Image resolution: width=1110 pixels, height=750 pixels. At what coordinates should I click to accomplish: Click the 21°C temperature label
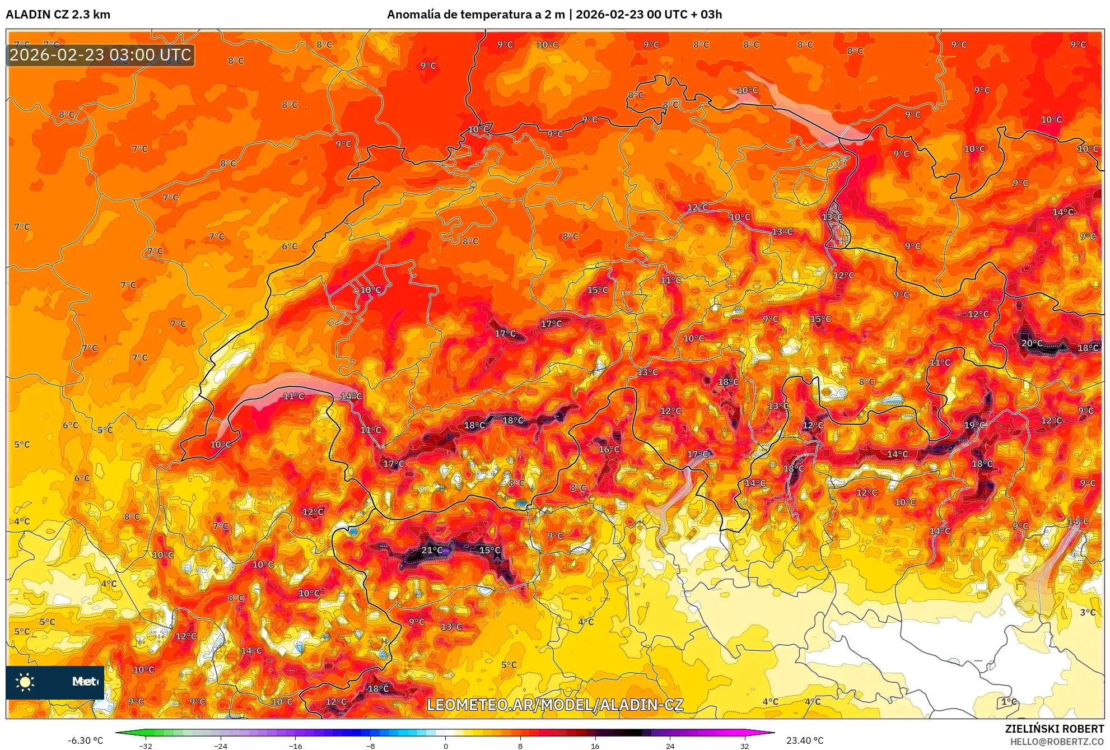point(431,550)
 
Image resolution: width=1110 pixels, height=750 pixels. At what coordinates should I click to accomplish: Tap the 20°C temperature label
point(1032,343)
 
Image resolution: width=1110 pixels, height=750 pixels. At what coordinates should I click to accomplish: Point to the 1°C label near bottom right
point(1009,702)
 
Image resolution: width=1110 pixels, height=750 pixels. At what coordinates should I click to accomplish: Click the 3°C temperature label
point(1087,612)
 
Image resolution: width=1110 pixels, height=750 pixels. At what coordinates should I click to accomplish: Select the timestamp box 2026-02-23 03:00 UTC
point(100,55)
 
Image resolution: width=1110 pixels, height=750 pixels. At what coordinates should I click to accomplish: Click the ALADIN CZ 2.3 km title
point(58,15)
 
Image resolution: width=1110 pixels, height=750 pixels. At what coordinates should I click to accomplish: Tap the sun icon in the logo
point(25,682)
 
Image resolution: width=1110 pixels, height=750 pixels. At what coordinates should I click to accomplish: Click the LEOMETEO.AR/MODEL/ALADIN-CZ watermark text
point(554,705)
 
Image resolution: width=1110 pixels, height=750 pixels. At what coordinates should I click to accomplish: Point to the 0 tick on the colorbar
point(445,746)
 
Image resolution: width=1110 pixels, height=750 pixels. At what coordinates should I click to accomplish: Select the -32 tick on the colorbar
point(146,746)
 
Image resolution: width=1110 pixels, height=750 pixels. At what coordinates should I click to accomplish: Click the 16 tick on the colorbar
point(595,746)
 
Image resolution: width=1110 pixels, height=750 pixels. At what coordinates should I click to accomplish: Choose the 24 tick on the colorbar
point(670,746)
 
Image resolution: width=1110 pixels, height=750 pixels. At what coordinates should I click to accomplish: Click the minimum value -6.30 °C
point(85,740)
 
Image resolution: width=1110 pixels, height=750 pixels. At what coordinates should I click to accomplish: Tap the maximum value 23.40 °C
point(805,740)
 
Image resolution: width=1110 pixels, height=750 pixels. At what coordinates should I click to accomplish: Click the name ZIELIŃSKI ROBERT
point(1054,729)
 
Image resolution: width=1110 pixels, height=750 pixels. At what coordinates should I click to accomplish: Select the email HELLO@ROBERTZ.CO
point(1057,742)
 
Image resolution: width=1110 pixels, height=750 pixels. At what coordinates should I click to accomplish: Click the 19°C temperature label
point(974,425)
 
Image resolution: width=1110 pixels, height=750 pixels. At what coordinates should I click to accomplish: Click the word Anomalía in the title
point(413,15)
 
